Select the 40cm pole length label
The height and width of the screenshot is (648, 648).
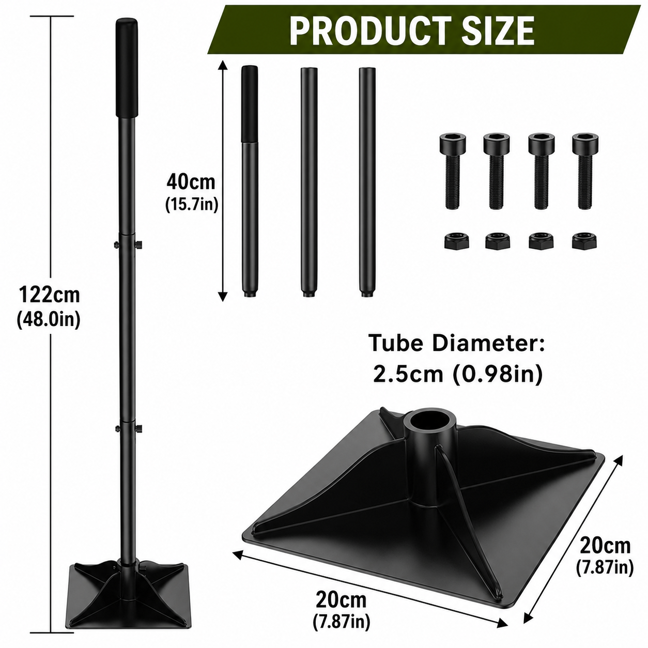pyautogui.click(x=191, y=182)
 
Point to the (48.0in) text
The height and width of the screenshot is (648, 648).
pyautogui.click(x=49, y=319)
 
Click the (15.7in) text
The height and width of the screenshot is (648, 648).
pyautogui.click(x=192, y=204)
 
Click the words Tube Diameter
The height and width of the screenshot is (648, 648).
pyautogui.click(x=458, y=343)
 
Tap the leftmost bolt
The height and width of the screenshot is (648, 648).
pyautogui.click(x=453, y=171)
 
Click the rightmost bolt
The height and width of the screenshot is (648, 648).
pyautogui.click(x=585, y=171)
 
